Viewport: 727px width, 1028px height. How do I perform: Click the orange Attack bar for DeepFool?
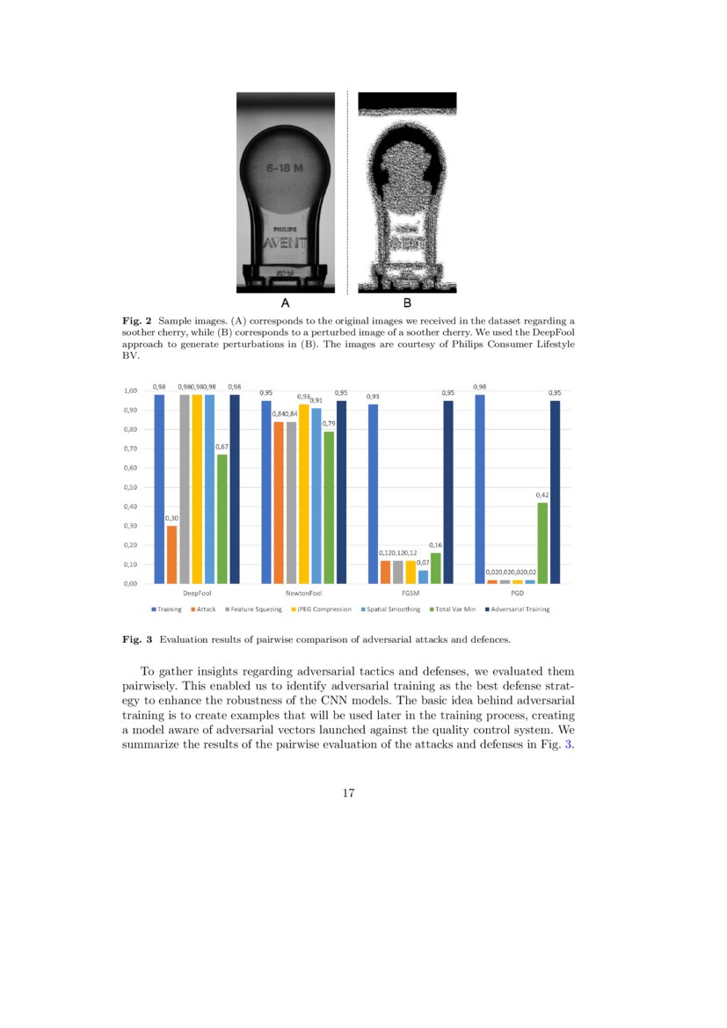171,554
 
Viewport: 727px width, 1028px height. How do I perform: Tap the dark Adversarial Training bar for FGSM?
448,492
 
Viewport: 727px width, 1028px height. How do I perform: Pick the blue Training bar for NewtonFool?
266,492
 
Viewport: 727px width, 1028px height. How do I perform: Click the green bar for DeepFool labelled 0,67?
222,519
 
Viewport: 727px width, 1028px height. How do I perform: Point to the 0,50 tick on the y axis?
130,487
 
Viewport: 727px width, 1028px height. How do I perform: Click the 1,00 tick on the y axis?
130,390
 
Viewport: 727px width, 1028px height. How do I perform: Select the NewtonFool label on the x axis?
303,594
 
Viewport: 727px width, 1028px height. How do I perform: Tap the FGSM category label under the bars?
411,594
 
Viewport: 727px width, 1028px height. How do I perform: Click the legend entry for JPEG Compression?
324,609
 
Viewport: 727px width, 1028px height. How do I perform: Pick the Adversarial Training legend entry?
519,609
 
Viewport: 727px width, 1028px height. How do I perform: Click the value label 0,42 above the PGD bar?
542,495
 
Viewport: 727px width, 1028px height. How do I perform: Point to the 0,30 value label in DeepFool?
171,518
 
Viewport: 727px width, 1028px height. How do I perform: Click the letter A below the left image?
286,303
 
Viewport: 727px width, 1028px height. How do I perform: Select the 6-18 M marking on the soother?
286,165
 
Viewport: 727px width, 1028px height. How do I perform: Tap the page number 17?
348,793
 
